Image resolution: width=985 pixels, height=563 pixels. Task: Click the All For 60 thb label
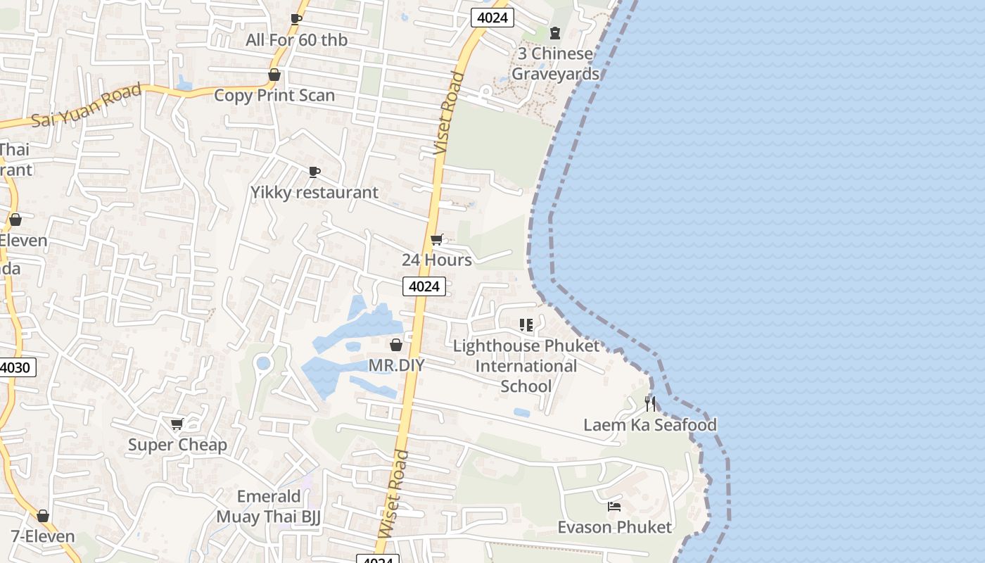click(x=296, y=40)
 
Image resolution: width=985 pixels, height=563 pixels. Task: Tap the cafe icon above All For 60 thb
click(x=296, y=19)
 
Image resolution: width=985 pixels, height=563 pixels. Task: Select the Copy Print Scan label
click(x=274, y=95)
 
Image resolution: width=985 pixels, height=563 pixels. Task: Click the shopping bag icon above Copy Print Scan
click(x=274, y=75)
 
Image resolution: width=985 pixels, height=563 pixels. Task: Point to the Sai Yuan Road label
click(x=87, y=106)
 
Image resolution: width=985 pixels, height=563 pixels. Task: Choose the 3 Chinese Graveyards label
click(x=555, y=63)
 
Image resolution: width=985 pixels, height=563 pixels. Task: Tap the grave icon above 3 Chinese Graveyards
click(x=555, y=32)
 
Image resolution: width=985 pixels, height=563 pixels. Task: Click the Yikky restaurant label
click(x=314, y=192)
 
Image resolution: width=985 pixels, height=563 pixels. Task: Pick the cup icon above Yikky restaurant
click(x=314, y=172)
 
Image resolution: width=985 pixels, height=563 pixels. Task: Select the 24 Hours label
click(x=437, y=260)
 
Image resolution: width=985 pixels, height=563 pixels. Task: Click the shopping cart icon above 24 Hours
click(x=437, y=240)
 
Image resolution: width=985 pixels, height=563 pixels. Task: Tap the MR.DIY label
click(x=397, y=365)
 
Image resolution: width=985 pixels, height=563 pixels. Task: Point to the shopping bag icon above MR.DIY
click(x=396, y=345)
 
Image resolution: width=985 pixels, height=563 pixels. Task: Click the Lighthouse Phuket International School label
click(x=526, y=366)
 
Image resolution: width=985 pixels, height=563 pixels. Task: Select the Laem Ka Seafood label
click(x=650, y=424)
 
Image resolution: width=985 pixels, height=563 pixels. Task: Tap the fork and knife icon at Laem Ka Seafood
click(x=650, y=404)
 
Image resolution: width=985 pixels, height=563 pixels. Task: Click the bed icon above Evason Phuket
click(x=614, y=507)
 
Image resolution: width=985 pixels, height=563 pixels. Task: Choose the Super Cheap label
click(x=177, y=445)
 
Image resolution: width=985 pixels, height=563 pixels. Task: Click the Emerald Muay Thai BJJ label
click(x=269, y=507)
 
